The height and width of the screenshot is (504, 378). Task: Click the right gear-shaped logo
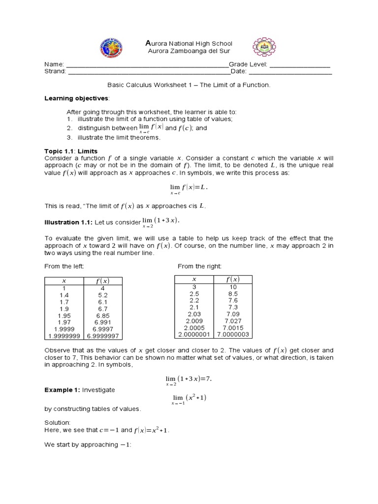coord(264,47)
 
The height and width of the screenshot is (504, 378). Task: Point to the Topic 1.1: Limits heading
coord(71,151)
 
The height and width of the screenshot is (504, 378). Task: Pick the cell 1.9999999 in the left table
coord(64,336)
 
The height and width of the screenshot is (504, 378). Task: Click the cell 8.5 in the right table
coord(233,293)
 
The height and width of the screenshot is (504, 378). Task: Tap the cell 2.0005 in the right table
coord(193,327)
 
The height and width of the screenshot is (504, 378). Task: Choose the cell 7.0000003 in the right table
coord(233,334)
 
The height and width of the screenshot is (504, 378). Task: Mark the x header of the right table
coord(193,279)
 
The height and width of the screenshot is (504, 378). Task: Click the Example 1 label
coord(62,389)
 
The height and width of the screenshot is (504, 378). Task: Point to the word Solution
coord(58,423)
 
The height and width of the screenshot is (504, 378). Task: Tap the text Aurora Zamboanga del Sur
coord(189,51)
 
